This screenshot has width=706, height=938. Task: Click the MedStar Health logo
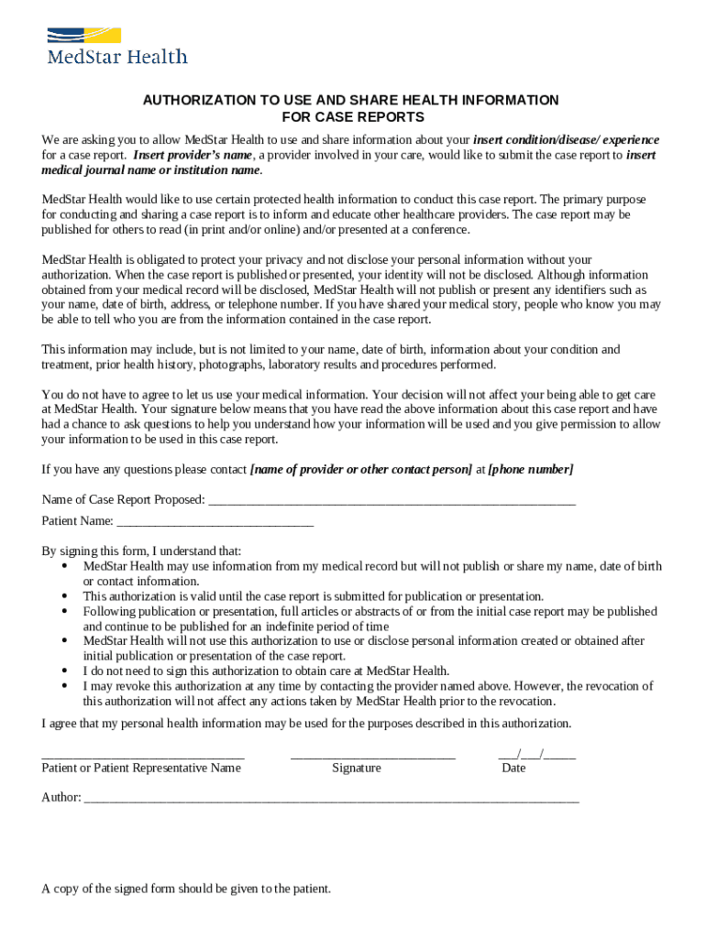click(x=116, y=47)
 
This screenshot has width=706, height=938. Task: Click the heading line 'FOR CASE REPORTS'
click(x=352, y=117)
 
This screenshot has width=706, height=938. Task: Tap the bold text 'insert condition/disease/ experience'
click(x=566, y=140)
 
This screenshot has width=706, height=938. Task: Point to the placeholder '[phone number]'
click(x=530, y=469)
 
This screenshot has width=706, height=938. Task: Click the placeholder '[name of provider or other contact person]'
click(x=361, y=469)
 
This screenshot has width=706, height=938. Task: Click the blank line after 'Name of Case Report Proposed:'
click(x=392, y=501)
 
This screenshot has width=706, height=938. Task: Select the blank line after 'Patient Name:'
click(x=215, y=522)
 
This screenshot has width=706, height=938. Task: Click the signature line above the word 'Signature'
click(x=372, y=757)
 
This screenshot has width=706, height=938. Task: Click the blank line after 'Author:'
click(x=331, y=799)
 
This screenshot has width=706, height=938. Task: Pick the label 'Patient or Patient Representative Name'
click(x=141, y=768)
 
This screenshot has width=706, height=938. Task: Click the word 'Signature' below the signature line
click(x=357, y=768)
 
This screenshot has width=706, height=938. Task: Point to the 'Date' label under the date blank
click(x=513, y=768)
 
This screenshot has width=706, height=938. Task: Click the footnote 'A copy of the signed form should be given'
click(x=186, y=889)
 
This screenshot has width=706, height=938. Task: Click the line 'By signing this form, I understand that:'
click(x=141, y=551)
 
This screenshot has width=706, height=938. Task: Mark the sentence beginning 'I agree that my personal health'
click(x=306, y=723)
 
